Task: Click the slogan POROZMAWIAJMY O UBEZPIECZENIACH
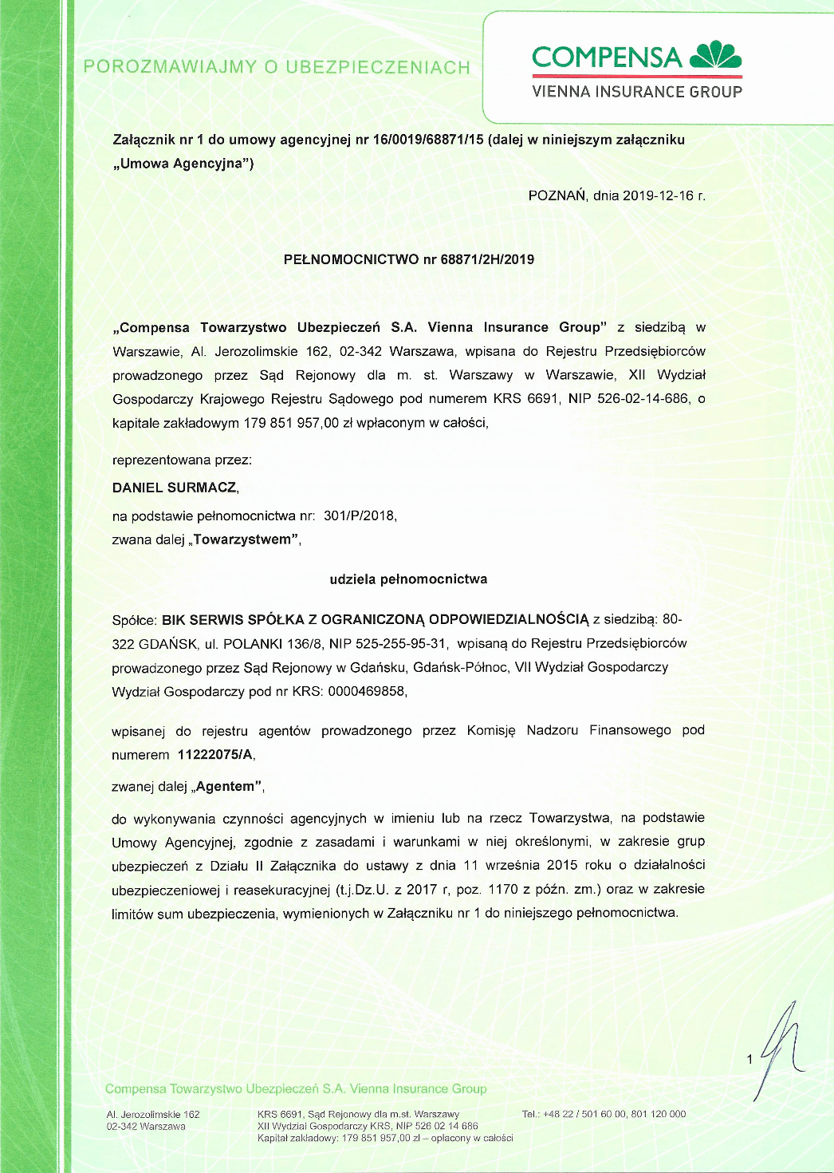277,67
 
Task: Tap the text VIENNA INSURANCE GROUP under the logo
637,92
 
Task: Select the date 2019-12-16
658,195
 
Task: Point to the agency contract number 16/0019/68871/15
428,140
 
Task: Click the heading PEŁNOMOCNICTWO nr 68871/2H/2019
409,259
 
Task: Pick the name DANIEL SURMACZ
175,488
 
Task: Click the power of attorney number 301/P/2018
360,515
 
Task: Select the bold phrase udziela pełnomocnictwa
408,579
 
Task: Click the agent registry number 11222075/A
215,755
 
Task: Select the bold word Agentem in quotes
226,787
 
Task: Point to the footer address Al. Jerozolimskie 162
153,1115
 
